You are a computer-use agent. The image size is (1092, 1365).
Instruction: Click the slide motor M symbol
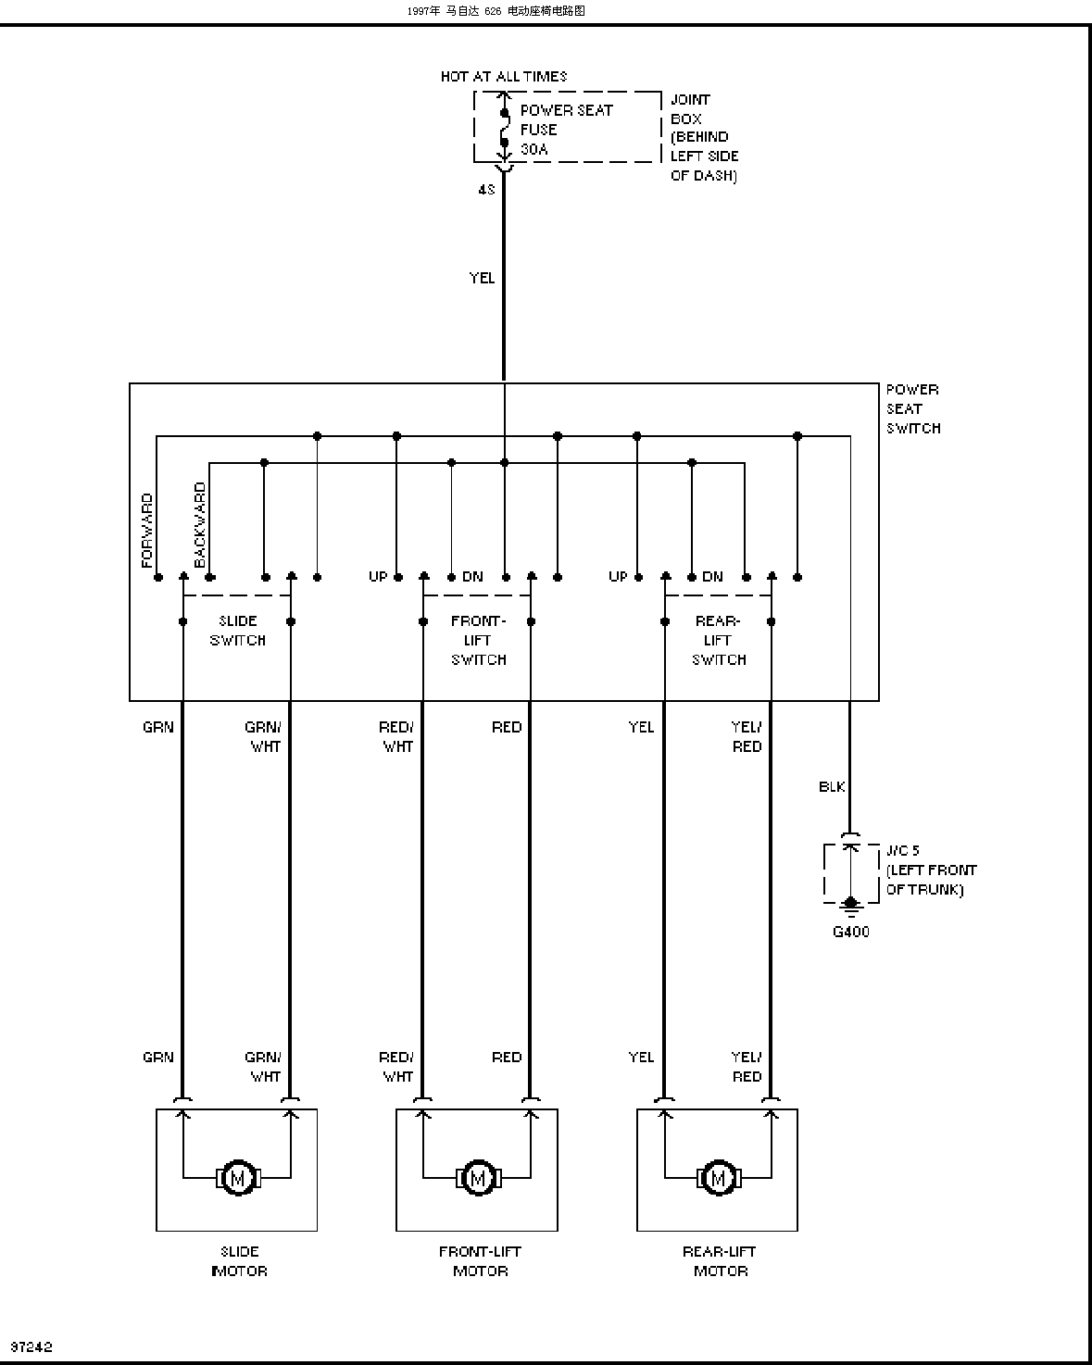pos(238,1179)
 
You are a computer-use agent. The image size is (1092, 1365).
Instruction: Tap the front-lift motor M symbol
pos(479,1179)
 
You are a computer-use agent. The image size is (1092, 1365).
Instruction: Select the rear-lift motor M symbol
pos(718,1179)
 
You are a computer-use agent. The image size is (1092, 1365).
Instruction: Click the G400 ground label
pos(851,932)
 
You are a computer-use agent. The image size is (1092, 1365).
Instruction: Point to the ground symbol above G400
pos(851,907)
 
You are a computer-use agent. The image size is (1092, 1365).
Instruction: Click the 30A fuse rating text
pos(534,149)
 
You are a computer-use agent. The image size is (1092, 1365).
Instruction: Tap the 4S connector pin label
pos(486,189)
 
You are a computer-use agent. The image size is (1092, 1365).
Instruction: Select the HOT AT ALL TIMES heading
pos(504,77)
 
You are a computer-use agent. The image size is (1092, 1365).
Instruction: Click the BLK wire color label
pos(832,786)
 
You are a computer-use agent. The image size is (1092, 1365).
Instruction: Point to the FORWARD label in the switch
pos(147,531)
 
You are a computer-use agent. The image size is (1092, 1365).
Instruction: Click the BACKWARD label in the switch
pos(200,524)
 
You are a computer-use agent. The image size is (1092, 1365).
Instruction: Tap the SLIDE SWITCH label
pos(238,631)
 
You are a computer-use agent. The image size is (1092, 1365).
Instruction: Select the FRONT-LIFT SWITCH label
pos(479,640)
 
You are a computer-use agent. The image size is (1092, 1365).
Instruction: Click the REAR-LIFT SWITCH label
pos(718,640)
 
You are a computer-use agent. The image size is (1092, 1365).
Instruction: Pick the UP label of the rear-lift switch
pos(618,577)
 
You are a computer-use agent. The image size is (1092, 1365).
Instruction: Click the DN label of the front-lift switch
pos(472,577)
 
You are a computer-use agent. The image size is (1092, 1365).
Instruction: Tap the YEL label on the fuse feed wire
pos(482,278)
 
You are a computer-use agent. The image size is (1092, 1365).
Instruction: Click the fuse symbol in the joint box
pos(505,128)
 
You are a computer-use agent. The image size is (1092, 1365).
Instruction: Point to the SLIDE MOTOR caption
pos(239,1261)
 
